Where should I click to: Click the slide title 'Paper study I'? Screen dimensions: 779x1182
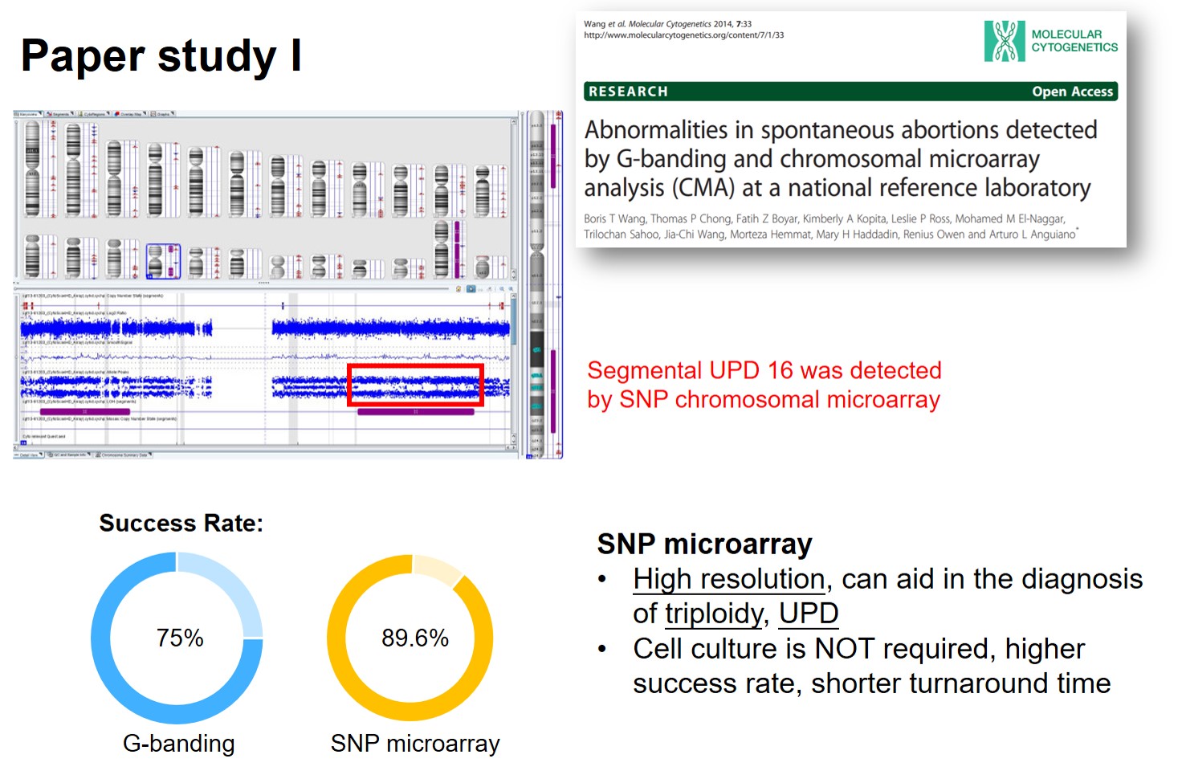tap(161, 56)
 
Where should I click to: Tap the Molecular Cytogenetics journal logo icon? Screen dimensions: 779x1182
tap(1004, 41)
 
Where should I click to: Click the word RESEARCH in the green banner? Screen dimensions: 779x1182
tap(628, 92)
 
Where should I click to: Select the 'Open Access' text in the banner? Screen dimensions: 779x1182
tap(1072, 92)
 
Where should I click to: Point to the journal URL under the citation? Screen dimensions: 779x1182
tap(683, 35)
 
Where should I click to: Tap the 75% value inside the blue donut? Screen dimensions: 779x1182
tap(180, 638)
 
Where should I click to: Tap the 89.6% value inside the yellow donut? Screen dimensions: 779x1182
tap(414, 638)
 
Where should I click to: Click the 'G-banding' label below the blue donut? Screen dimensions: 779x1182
tap(178, 744)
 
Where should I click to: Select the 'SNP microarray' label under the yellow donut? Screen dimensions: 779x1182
tap(414, 744)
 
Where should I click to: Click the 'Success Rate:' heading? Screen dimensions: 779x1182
tap(181, 524)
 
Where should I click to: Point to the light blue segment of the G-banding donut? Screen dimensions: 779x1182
tap(233, 586)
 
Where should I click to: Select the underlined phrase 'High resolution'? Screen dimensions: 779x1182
tap(728, 579)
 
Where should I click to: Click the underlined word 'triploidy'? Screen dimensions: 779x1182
tap(714, 614)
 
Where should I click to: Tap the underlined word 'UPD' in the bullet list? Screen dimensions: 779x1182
tap(808, 614)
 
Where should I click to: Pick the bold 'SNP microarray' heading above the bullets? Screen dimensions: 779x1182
tap(704, 544)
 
